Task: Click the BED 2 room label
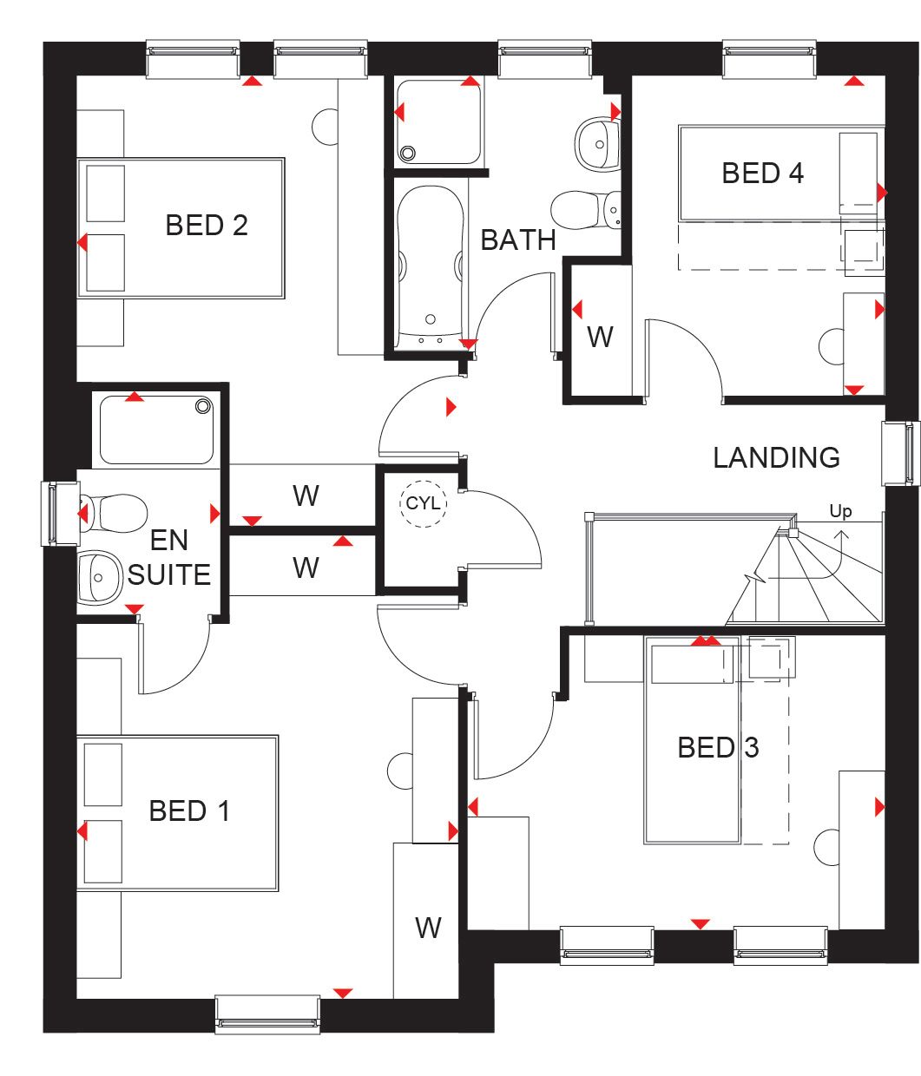click(207, 226)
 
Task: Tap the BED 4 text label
click(762, 174)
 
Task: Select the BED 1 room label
click(189, 811)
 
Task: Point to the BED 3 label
click(718, 747)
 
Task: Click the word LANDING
click(776, 457)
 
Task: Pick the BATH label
click(517, 240)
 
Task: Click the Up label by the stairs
click(840, 511)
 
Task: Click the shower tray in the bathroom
click(437, 121)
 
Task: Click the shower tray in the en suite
click(156, 429)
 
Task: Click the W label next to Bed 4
click(600, 337)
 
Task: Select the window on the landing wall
click(900, 453)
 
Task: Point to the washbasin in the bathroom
click(596, 141)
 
